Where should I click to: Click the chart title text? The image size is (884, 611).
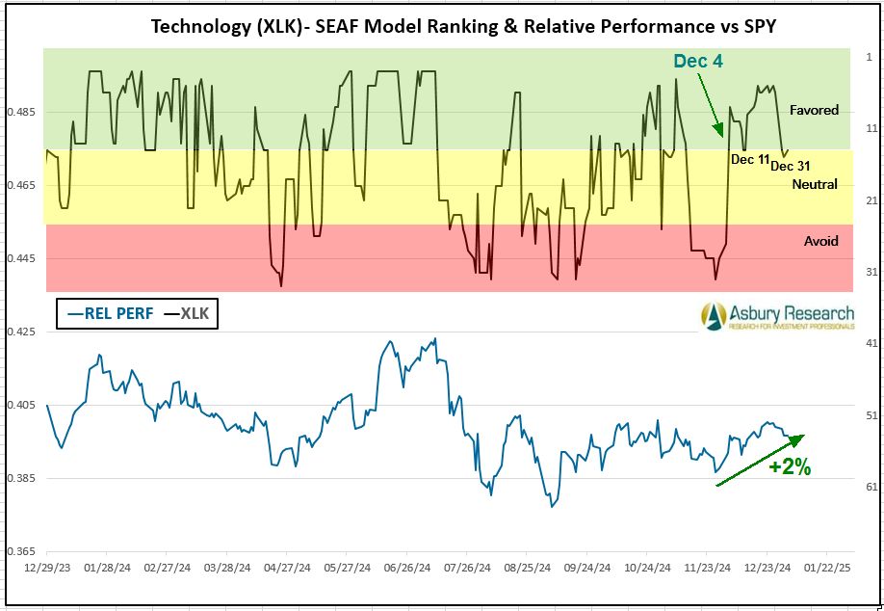(463, 25)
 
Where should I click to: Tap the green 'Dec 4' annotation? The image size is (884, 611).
(697, 61)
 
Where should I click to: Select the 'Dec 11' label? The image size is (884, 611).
(750, 159)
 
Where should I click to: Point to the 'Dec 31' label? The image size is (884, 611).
(790, 166)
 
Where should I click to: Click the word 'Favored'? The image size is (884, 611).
(814, 110)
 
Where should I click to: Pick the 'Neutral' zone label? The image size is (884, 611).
(815, 184)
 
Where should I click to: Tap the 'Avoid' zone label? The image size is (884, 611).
(820, 241)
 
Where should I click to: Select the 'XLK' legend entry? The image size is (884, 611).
(190, 313)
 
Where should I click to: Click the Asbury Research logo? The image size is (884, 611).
(776, 316)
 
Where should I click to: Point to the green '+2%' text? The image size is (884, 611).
(790, 467)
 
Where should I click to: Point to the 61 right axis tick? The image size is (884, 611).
(871, 487)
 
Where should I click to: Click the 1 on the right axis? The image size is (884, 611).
(869, 56)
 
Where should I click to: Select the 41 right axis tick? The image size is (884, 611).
(871, 343)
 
